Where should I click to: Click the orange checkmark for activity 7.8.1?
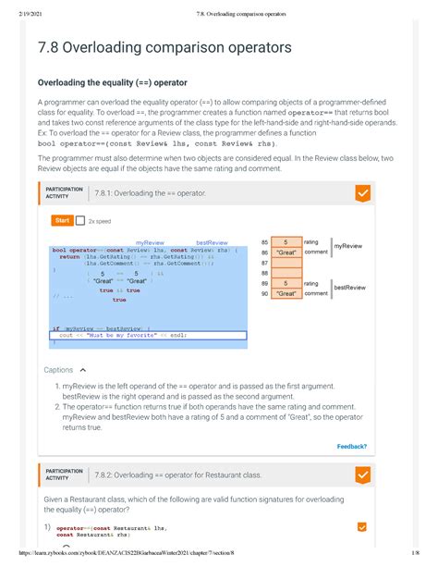click(x=364, y=193)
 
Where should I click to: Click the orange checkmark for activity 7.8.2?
click(x=364, y=475)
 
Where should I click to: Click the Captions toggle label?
click(x=58, y=370)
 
